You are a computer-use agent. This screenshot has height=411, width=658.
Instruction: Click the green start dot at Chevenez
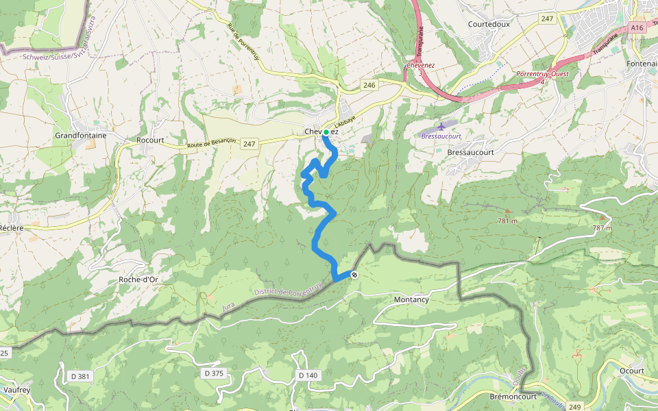coord(326,132)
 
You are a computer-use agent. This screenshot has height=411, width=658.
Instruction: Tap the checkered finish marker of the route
coord(354,275)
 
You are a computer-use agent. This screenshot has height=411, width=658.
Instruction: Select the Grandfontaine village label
coord(81,136)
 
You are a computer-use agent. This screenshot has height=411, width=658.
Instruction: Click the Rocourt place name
coord(150,140)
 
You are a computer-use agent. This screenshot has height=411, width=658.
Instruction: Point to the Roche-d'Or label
coord(138,279)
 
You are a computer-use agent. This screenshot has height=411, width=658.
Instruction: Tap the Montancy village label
coord(411,300)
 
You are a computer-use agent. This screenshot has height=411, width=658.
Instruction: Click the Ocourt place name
coord(631,371)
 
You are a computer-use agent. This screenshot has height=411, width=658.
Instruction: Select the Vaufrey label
coord(16,389)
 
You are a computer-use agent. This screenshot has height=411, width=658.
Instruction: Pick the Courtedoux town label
coord(491,23)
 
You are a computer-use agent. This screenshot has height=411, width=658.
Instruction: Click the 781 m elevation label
coord(507,221)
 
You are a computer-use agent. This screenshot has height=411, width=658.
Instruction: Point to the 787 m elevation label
coord(601,227)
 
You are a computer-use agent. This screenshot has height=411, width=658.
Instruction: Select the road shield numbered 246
coord(369,85)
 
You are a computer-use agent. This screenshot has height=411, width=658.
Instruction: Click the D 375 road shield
coord(214,373)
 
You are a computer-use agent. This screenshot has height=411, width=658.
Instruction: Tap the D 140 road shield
coord(308,375)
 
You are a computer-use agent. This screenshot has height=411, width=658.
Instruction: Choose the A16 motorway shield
coord(637,28)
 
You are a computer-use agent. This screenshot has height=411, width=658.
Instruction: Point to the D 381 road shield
coord(80,376)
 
